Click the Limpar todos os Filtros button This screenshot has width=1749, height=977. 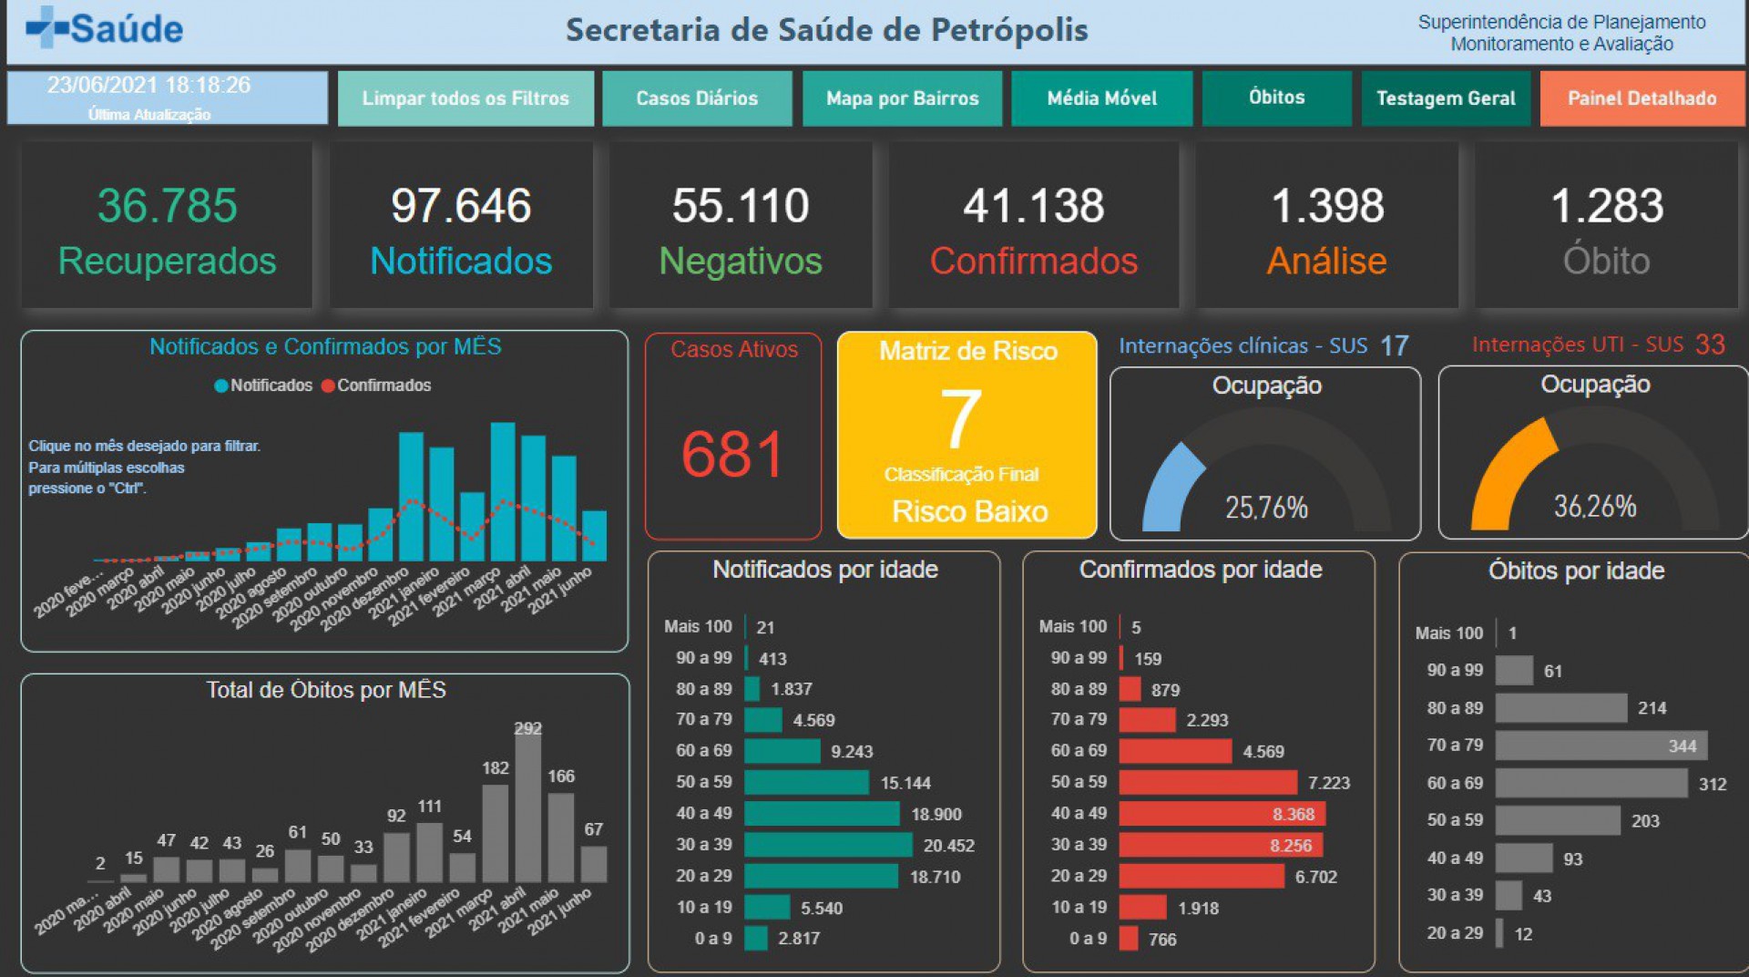point(465,98)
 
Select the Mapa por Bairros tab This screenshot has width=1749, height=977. point(902,98)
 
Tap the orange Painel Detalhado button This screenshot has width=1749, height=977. point(1642,98)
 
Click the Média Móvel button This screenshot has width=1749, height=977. point(1101,98)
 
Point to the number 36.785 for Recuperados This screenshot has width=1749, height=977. point(168,206)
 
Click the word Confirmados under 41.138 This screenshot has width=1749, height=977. point(1034,262)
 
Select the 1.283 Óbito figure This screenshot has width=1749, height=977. point(1607,206)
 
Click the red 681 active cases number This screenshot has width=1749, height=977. point(733,454)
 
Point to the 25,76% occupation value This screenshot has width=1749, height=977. point(1266,508)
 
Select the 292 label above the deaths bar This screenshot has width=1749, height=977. point(527,729)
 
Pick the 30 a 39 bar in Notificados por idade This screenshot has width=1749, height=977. point(827,845)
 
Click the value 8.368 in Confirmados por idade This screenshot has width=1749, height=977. point(1294,814)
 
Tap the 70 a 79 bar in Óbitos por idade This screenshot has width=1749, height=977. point(1601,746)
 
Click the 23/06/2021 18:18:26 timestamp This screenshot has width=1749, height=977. point(148,86)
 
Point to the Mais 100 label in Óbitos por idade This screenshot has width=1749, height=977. point(1448,633)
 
